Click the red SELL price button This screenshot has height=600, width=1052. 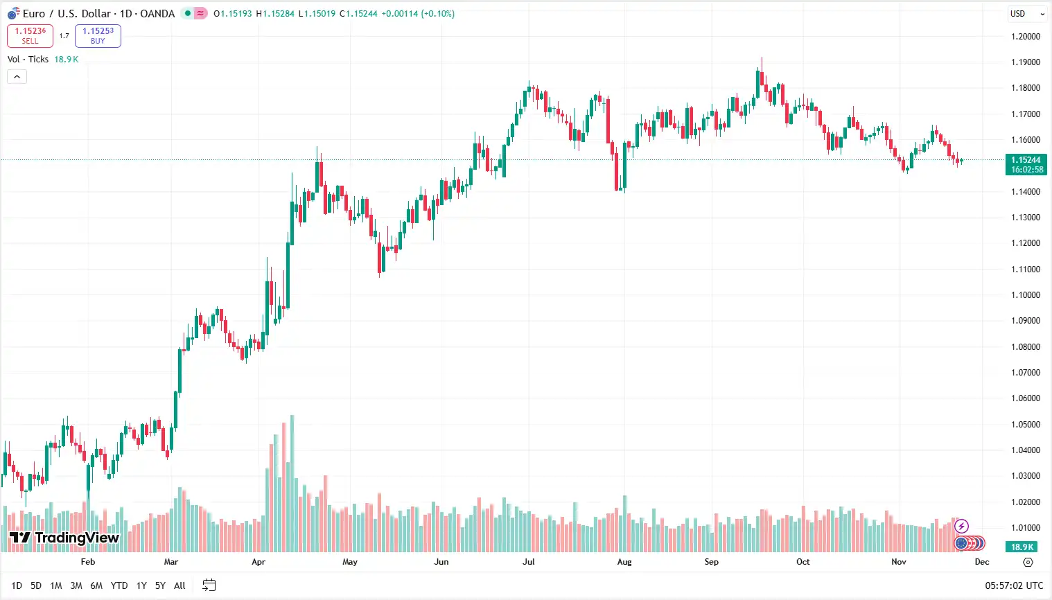tap(30, 36)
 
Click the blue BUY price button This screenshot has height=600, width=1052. tap(98, 36)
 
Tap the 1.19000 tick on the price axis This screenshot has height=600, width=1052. tap(1025, 62)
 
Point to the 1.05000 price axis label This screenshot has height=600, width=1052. tap(1025, 425)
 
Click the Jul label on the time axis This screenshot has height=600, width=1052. tap(529, 562)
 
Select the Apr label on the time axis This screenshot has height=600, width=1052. tap(258, 562)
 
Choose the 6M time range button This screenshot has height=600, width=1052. tap(96, 585)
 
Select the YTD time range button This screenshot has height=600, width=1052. tap(119, 585)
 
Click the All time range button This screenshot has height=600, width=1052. tap(179, 585)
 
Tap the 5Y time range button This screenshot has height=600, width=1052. tap(160, 585)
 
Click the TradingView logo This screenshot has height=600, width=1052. tap(64, 538)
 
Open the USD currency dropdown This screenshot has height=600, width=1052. tap(1026, 14)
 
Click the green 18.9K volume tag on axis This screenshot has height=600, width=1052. tap(1022, 547)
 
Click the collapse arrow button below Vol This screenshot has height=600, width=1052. tap(17, 77)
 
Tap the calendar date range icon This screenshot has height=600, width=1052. tap(209, 585)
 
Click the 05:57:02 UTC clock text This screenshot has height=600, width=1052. tap(1014, 585)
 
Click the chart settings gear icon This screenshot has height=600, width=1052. tap(1028, 562)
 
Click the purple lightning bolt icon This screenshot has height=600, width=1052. tap(961, 527)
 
